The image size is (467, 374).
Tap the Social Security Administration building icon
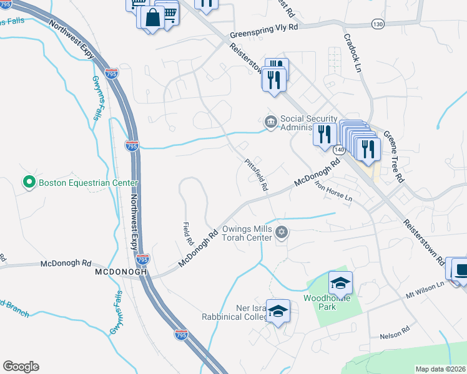(270, 120)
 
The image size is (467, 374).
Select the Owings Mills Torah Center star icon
(282, 233)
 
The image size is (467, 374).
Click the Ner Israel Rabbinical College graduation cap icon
(278, 311)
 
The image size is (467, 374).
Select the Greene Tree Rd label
(394, 156)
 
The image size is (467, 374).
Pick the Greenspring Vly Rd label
(264, 28)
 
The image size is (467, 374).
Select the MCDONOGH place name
(120, 272)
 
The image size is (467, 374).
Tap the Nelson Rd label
(395, 336)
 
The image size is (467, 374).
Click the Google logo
(21, 367)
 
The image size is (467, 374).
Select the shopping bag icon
(152, 18)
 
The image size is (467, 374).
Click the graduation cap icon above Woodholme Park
(340, 284)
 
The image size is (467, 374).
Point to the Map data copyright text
(440, 369)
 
